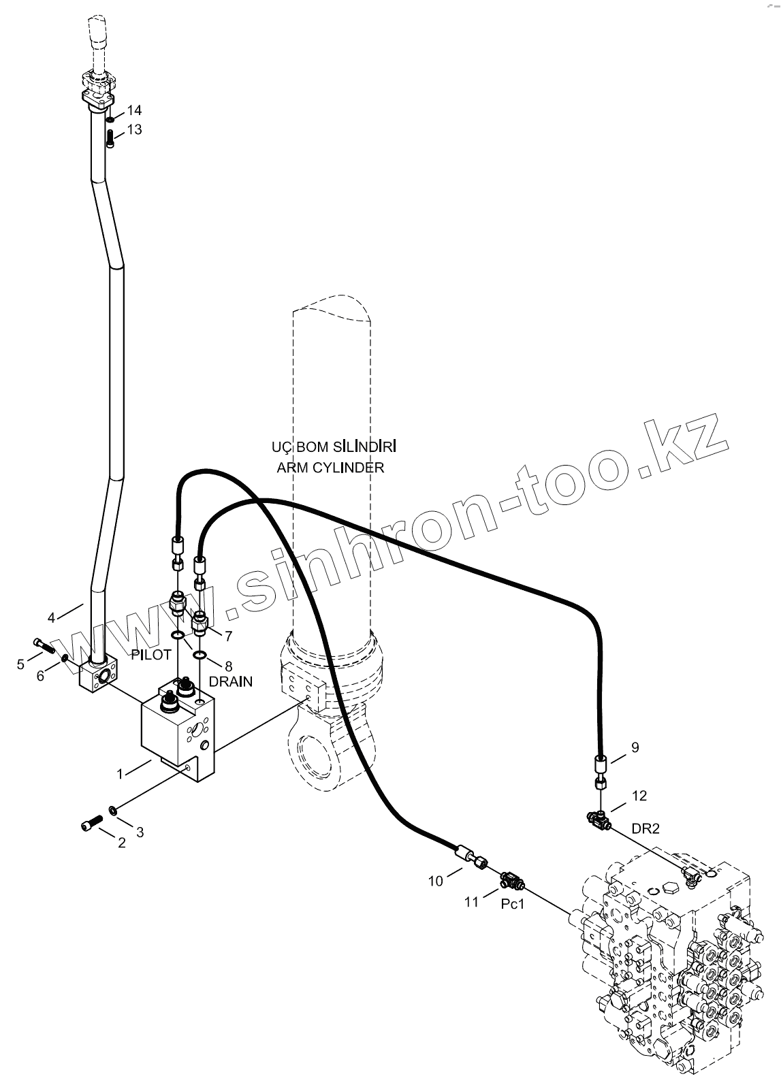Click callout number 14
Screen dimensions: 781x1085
[134, 110]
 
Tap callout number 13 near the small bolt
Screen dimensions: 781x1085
[134, 129]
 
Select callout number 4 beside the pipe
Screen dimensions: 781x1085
[51, 618]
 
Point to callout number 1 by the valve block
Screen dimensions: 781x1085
[120, 773]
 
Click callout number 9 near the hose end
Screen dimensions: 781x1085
[635, 747]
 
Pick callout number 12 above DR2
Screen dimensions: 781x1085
[639, 795]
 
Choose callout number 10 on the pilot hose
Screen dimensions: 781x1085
[435, 881]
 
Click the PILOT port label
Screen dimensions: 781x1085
[150, 655]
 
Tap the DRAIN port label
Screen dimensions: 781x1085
[231, 681]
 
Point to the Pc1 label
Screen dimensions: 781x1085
[512, 904]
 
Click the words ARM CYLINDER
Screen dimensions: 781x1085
[330, 468]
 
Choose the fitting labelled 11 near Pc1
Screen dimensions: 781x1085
[511, 880]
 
